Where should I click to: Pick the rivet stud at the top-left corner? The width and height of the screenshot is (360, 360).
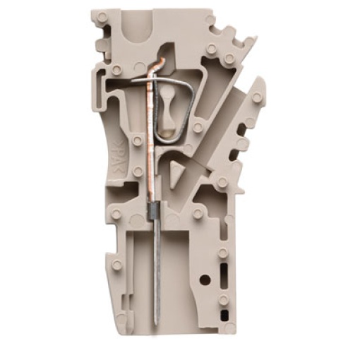click(103, 16)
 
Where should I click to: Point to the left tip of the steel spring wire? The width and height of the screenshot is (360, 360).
click(131, 82)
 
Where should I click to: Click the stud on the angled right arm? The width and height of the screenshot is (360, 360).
click(256, 97)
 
